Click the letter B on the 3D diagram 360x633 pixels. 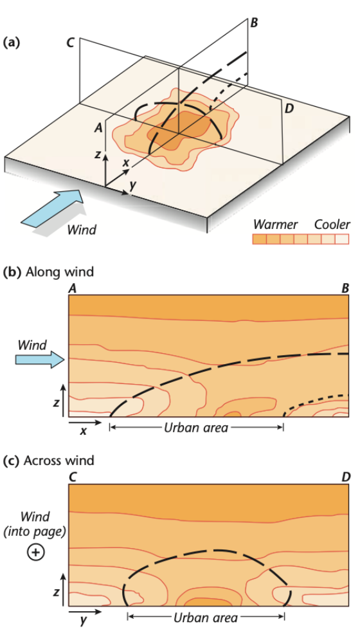(254, 23)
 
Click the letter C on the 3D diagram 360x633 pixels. (71, 43)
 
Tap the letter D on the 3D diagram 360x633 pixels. (289, 109)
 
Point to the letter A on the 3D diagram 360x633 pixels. (98, 128)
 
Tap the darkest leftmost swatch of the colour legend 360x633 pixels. (260, 239)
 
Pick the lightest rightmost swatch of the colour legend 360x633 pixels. (342, 239)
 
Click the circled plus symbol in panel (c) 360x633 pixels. (35, 552)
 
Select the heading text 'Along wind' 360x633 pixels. (59, 272)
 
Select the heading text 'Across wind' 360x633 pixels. (59, 461)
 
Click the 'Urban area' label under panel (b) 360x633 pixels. (196, 428)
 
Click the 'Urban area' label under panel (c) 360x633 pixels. (206, 618)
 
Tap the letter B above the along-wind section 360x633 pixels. (345, 289)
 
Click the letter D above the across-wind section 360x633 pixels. (345, 477)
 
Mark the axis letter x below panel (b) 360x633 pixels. (83, 431)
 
